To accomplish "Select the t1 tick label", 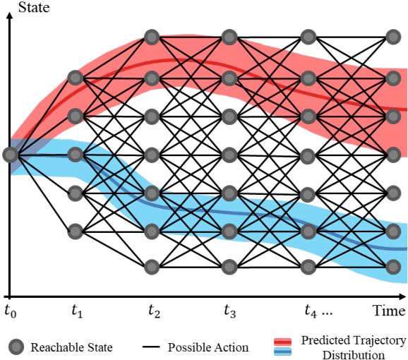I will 78,311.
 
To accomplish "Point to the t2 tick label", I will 155,311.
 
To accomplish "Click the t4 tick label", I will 310,311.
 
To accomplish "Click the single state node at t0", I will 10,154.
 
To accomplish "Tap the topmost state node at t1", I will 75,76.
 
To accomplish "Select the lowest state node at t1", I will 75,230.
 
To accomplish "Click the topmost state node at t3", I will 228,36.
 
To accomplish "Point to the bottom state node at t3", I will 228,267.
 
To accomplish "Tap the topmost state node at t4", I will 307,36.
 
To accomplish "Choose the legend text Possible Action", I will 208,347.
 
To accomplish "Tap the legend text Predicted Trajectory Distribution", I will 353,347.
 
